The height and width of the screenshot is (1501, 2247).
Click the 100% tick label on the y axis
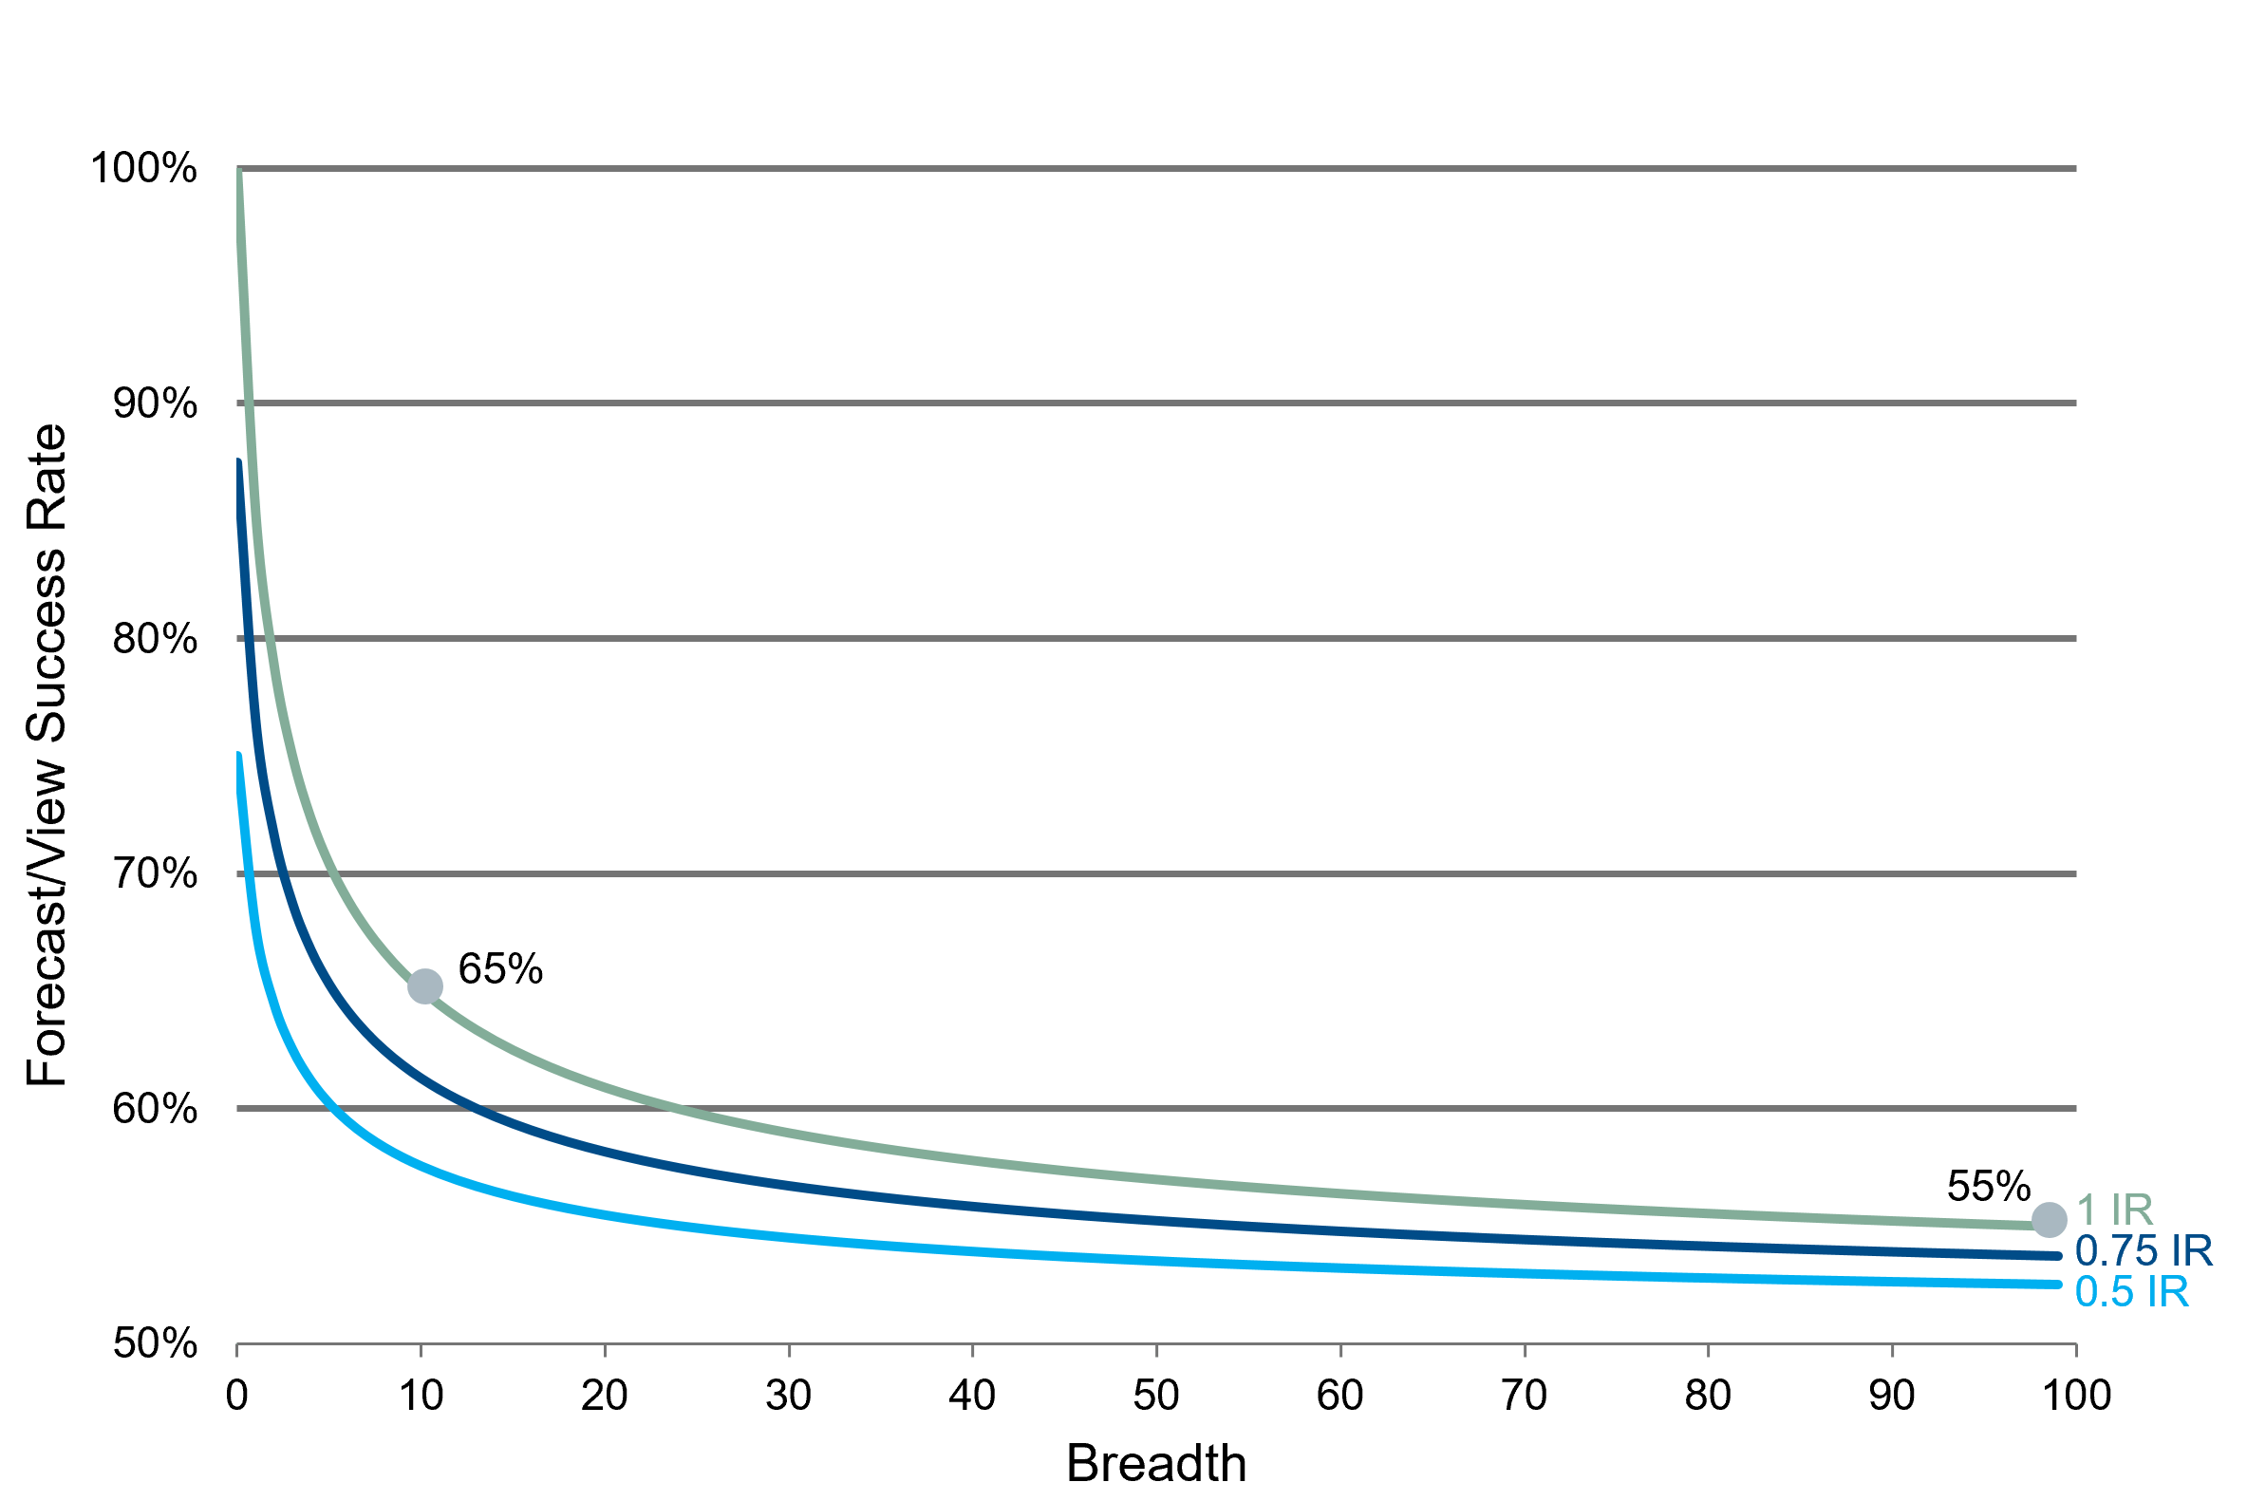pos(143,168)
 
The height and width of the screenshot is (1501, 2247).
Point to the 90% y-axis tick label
pos(155,403)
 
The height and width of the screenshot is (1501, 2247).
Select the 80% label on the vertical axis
pos(155,638)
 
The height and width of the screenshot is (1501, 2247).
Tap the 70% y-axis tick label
pos(155,873)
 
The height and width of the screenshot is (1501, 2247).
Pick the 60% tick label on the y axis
pos(155,1109)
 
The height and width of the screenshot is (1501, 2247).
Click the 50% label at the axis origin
pos(155,1344)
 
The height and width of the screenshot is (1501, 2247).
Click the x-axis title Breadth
pos(1156,1464)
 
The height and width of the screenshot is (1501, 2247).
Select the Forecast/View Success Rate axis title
pos(46,756)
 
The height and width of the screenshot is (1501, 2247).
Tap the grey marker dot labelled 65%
pos(425,986)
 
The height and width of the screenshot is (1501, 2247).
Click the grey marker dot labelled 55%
pos(2049,1220)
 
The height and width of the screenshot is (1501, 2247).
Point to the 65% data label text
pos(500,968)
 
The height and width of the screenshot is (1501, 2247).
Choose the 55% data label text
pos(1989,1187)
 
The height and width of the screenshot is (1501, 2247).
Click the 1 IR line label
pos(2115,1210)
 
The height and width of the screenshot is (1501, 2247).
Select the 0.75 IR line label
pos(2144,1251)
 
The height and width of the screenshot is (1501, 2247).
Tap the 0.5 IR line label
pos(2132,1292)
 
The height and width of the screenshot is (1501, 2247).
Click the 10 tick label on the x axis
pos(421,1396)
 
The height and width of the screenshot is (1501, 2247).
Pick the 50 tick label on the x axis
pos(1156,1396)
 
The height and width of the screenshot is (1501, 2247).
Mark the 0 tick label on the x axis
pos(236,1396)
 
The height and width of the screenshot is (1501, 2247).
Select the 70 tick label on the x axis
pos(1524,1396)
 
